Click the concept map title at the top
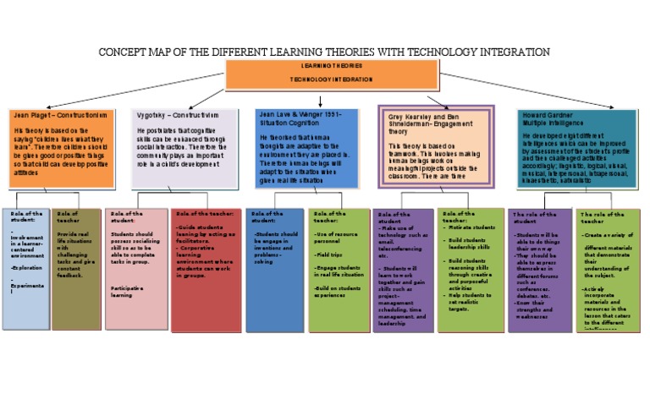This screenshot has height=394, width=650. pos(325,52)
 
